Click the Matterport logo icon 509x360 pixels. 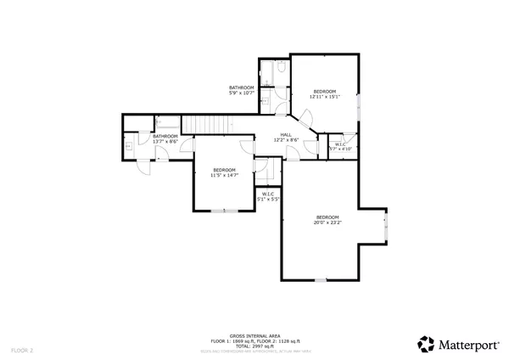[x=426, y=344]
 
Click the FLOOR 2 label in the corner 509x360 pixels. [x=22, y=350]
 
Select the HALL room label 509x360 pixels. [x=287, y=134]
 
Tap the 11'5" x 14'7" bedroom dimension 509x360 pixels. [x=225, y=175]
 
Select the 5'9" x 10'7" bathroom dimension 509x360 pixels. [x=242, y=93]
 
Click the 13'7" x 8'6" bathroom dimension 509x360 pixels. [x=165, y=141]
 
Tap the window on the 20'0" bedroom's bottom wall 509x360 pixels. [x=320, y=280]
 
